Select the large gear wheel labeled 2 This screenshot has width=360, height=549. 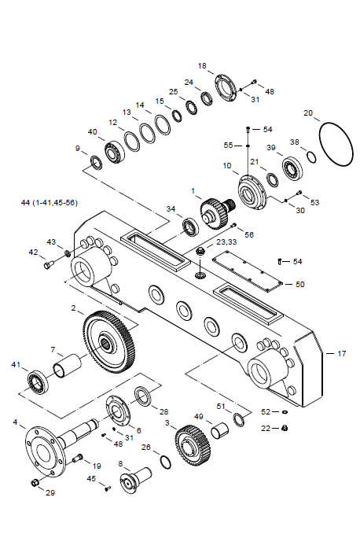coord(108,341)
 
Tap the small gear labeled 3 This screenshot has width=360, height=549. coord(193,444)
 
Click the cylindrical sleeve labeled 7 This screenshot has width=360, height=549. coord(67,367)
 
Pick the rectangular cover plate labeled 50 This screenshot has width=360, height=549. coord(248,271)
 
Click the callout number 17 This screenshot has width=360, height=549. coord(341,354)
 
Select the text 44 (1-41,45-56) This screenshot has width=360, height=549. coord(50,203)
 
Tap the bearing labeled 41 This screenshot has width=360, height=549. coord(39,381)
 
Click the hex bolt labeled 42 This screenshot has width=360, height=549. coord(49,264)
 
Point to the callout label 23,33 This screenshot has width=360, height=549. coord(226,242)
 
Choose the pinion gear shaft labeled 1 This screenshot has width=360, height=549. coord(217,212)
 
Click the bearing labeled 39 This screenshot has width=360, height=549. coord(292,169)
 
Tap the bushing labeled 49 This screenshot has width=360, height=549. coord(220,431)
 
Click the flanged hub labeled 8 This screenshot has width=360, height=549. coord(136,479)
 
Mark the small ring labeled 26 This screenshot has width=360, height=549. coord(166,462)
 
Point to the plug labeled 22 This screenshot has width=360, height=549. coord(285,428)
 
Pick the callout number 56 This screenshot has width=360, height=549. coord(248,234)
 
